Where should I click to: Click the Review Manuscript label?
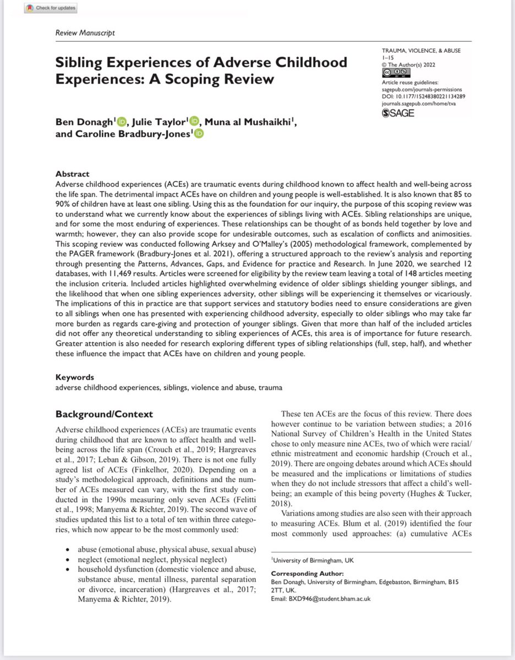85,33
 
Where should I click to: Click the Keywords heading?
75,377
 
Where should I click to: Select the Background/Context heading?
105,414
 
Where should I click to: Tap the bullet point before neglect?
67,559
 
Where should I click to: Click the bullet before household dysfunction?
67,570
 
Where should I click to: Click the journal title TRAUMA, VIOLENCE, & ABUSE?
421,51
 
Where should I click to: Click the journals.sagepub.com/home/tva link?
421,103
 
